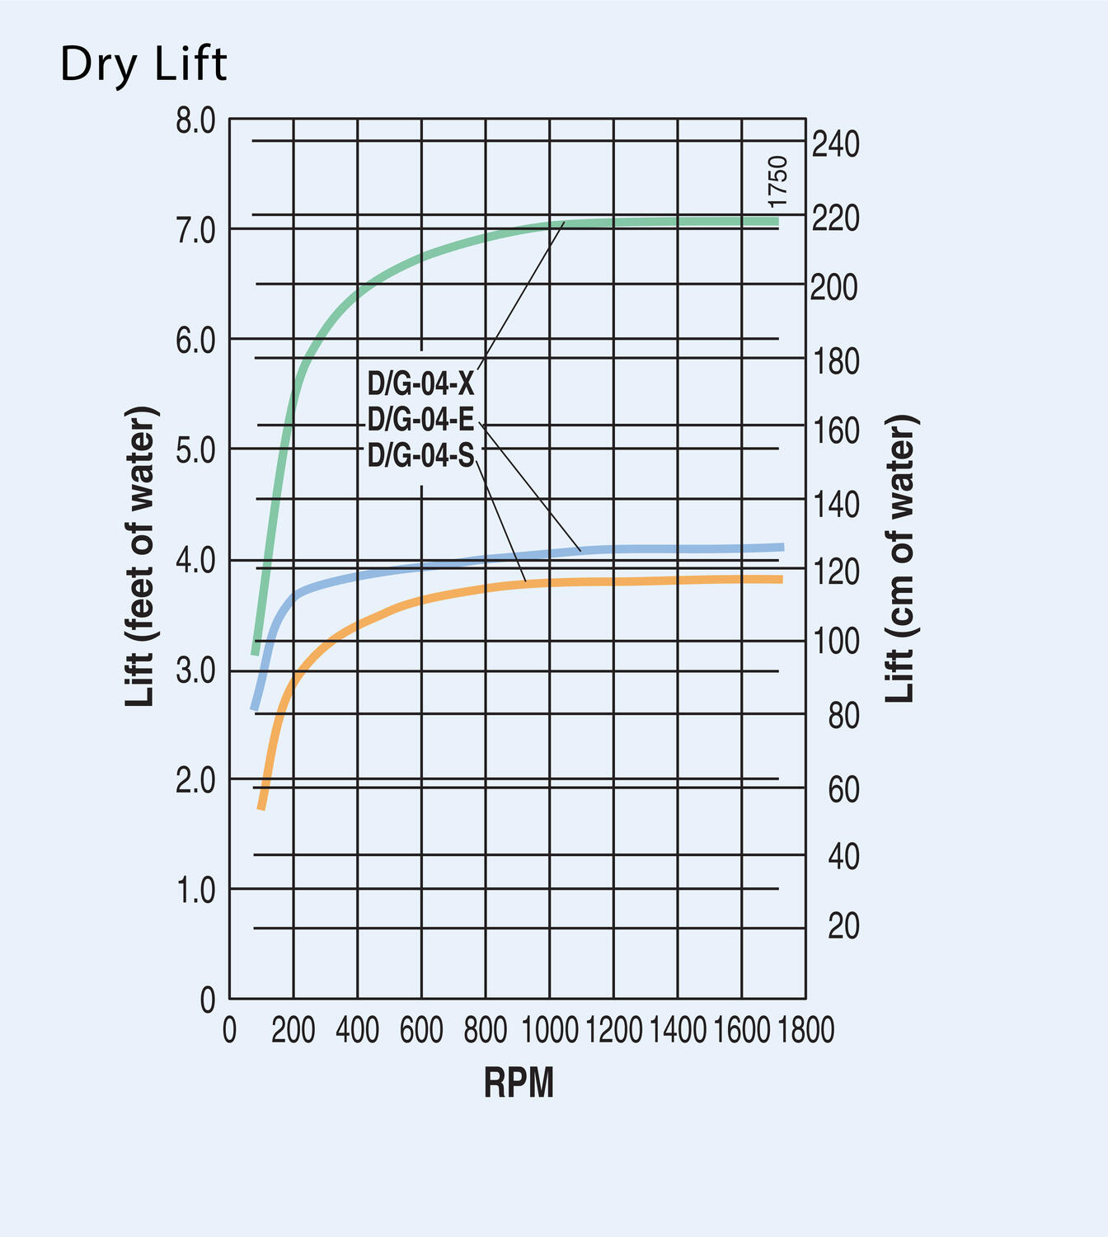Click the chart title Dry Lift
click(x=143, y=64)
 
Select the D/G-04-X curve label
click(x=420, y=383)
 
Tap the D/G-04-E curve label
click(x=420, y=420)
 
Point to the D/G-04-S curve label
click(x=420, y=455)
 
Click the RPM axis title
click(x=519, y=1083)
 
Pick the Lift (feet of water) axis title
click(x=141, y=557)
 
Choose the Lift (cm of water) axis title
click(x=900, y=558)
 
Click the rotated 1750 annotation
click(x=777, y=182)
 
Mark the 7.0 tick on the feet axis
click(x=195, y=230)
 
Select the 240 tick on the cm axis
click(x=835, y=145)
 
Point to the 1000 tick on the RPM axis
click(x=550, y=1030)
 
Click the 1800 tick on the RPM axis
click(x=805, y=1030)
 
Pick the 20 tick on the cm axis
click(x=843, y=927)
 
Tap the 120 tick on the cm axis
click(x=835, y=571)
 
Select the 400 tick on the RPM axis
click(x=358, y=1030)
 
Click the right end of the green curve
click(x=776, y=222)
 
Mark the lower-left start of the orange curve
click(x=261, y=807)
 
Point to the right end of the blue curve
click(x=782, y=547)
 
